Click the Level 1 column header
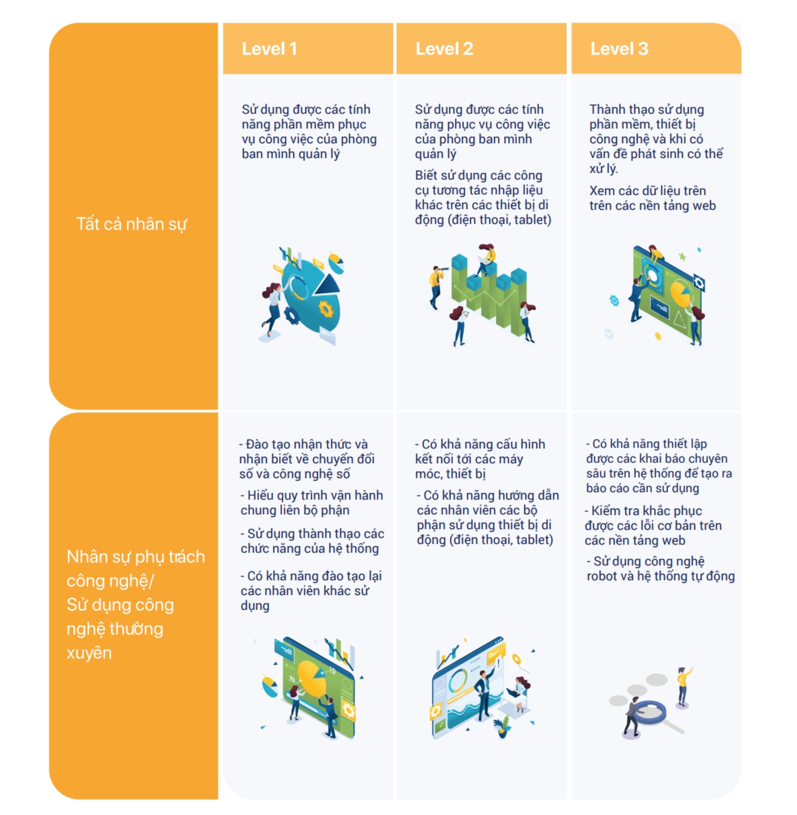coord(269,49)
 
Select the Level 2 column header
coord(444,49)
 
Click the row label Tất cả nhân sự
coord(131,224)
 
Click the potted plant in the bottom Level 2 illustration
coord(502,726)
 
